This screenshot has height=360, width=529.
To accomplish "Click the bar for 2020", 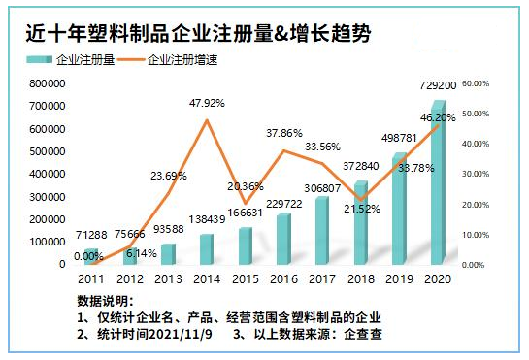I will [x=438, y=184].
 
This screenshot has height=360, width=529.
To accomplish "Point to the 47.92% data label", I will [x=208, y=102].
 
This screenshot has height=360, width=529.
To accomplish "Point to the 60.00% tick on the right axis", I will [x=476, y=84].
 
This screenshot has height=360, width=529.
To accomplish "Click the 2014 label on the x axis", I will [x=207, y=278].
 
